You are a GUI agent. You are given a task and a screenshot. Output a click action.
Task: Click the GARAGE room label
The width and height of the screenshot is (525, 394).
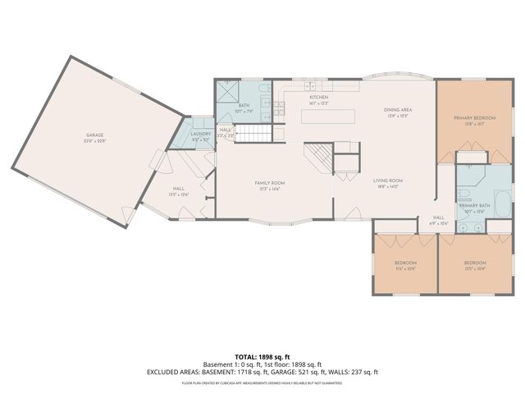[95, 136]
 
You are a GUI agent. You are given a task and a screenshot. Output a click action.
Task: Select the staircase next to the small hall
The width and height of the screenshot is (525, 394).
[252, 131]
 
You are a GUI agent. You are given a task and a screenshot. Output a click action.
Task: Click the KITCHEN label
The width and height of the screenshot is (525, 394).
[318, 97]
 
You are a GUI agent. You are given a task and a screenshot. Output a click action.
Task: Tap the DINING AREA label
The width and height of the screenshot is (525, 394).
[398, 110]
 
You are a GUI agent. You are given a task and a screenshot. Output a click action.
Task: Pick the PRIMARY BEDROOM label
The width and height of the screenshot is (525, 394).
[475, 118]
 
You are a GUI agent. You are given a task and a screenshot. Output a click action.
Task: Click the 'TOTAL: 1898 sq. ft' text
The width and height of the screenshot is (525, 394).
[262, 356]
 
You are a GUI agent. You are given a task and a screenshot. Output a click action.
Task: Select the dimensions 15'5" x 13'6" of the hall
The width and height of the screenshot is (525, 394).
[179, 194]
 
